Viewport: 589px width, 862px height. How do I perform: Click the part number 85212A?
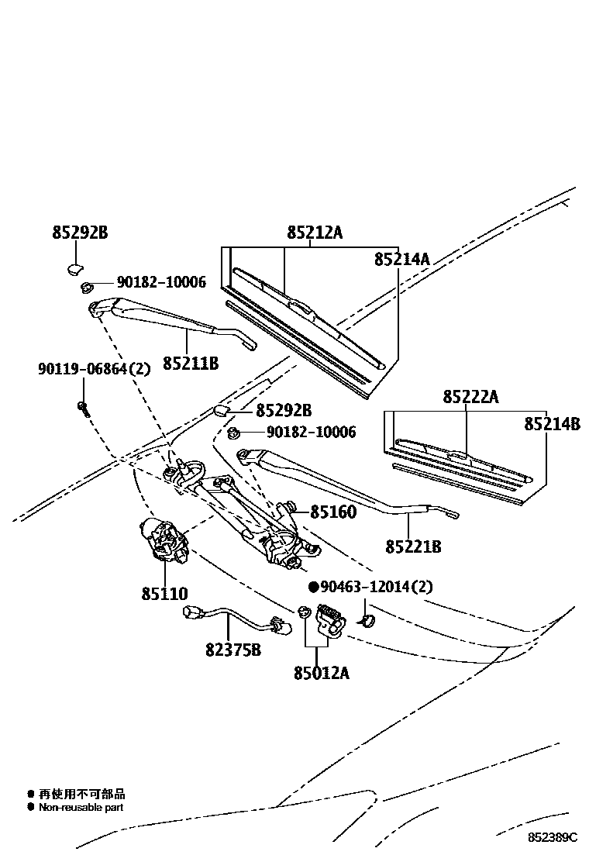[x=314, y=231]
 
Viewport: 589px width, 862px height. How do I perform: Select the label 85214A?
[x=401, y=259]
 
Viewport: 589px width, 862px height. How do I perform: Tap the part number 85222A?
[x=470, y=397]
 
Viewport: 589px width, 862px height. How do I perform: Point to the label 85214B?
[x=552, y=424]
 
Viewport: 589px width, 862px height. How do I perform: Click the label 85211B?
[x=190, y=363]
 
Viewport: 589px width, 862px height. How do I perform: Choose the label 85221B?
[x=413, y=547]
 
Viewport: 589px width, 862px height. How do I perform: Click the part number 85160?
[x=333, y=512]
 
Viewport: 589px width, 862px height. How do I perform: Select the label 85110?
[x=164, y=594]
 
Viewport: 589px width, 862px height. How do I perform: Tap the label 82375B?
[x=232, y=650]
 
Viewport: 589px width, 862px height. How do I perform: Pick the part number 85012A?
[x=321, y=673]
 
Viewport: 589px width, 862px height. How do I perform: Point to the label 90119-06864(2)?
[x=93, y=369]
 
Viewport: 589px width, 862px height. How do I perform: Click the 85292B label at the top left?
[x=79, y=231]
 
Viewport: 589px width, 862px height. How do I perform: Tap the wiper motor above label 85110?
[x=164, y=540]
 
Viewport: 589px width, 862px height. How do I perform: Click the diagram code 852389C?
[x=553, y=837]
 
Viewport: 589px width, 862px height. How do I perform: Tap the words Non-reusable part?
[x=81, y=807]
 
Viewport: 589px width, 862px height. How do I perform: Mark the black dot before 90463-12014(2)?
[x=314, y=587]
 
